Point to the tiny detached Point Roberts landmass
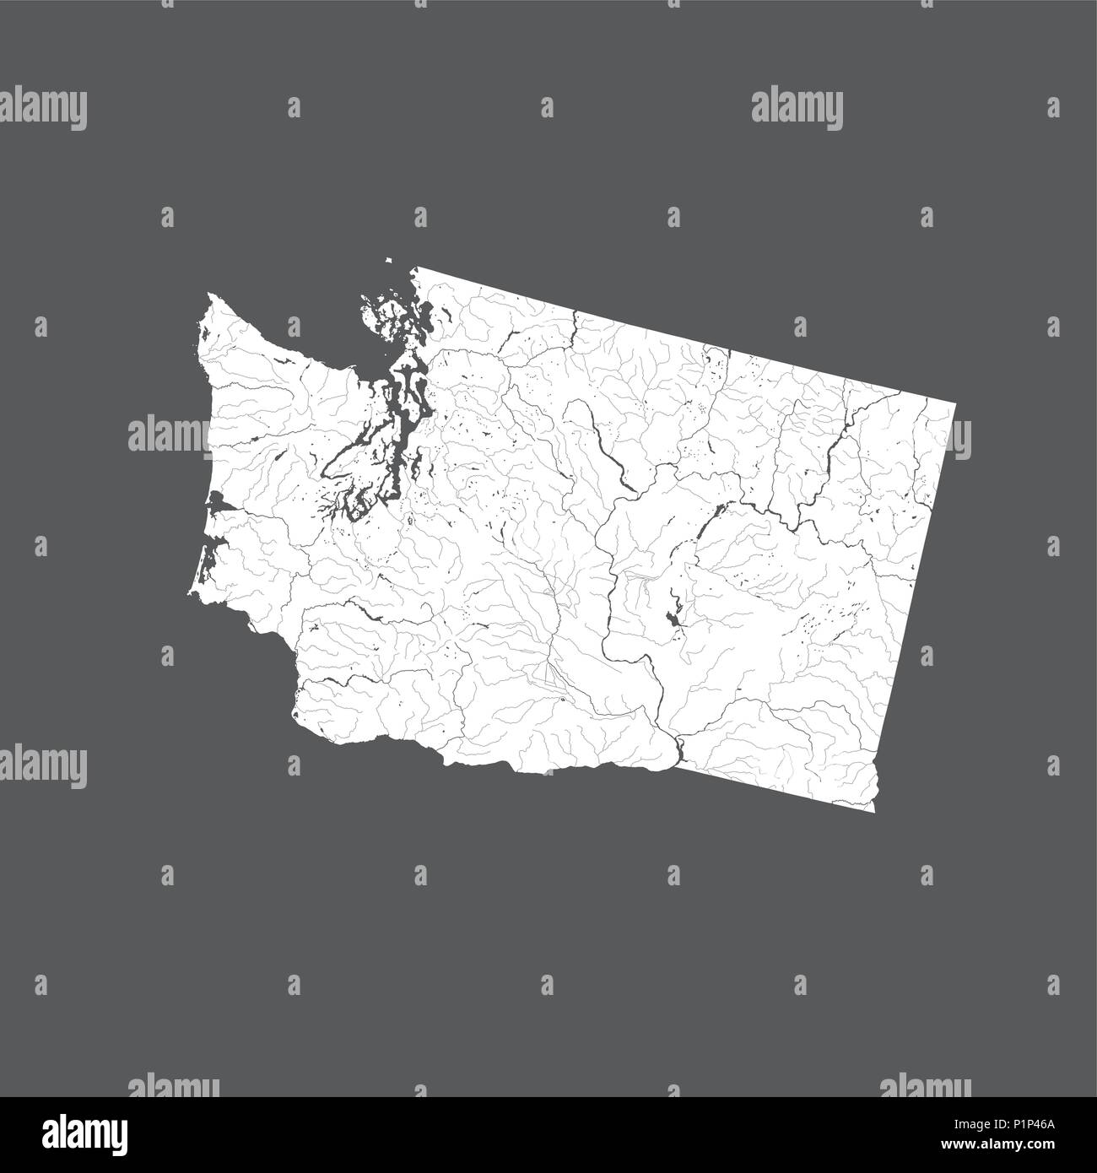point(389,261)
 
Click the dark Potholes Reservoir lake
point(673,620)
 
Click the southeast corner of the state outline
point(874,811)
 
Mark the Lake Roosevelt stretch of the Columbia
point(831,464)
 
